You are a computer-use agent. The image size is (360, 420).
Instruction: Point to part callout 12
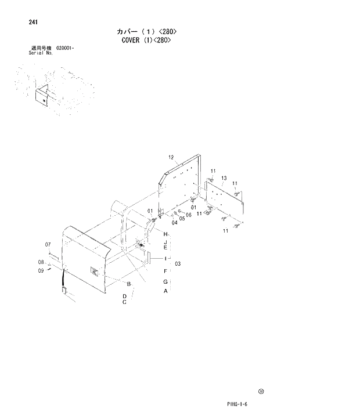[171, 157]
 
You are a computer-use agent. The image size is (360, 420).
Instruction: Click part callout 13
[224, 178]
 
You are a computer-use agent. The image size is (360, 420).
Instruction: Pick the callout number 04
[174, 222]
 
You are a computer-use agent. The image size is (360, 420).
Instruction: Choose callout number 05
[182, 219]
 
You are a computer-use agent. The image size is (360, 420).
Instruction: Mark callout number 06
[189, 215]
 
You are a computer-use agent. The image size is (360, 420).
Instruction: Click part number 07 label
[48, 244]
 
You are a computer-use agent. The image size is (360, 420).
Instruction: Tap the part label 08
[42, 262]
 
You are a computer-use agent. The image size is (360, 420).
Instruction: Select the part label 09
[42, 270]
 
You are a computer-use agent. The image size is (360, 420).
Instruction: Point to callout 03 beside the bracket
[178, 264]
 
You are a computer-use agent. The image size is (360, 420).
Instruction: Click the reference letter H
[165, 234]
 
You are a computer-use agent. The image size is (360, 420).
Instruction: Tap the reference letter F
[165, 271]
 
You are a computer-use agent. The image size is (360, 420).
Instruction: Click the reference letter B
[129, 284]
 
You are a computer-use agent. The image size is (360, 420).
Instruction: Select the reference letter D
[124, 296]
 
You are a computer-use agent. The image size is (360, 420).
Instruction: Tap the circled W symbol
[261, 392]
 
